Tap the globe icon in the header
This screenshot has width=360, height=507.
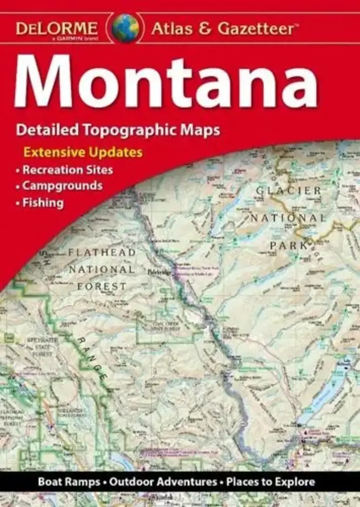(x=126, y=28)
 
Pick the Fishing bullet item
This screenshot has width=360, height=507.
(x=43, y=202)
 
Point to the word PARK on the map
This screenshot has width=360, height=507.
(x=288, y=245)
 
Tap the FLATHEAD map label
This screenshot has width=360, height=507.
(x=101, y=252)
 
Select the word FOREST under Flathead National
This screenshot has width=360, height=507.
(x=101, y=286)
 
